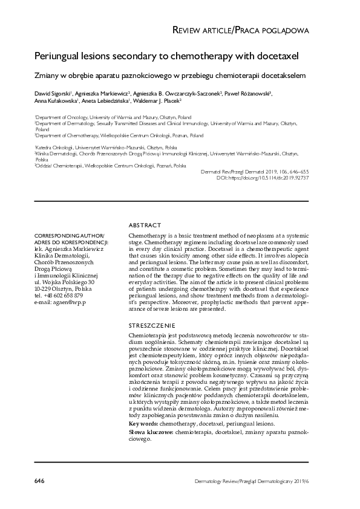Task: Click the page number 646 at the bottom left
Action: click(x=39, y=481)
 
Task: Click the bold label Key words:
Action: click(x=144, y=424)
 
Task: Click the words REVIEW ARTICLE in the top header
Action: click(x=203, y=30)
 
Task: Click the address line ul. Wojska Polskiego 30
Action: click(x=65, y=282)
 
